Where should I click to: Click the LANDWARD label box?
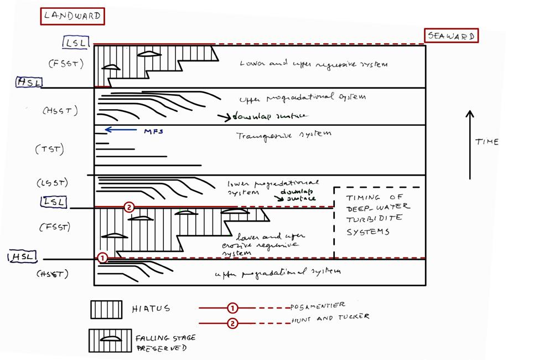[72, 16]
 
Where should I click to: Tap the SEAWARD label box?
[452, 36]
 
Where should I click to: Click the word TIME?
[486, 142]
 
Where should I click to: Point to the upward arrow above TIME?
[470, 144]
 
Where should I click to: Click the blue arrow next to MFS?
[120, 130]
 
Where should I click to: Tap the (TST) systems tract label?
[49, 149]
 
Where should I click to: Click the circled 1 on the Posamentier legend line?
[232, 307]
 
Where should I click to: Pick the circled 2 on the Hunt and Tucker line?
[232, 324]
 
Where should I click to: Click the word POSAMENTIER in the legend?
[318, 306]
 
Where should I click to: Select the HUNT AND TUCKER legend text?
[329, 317]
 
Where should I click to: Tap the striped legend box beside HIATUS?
[106, 310]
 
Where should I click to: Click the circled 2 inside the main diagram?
[128, 207]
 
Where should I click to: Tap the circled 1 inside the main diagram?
[102, 258]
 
